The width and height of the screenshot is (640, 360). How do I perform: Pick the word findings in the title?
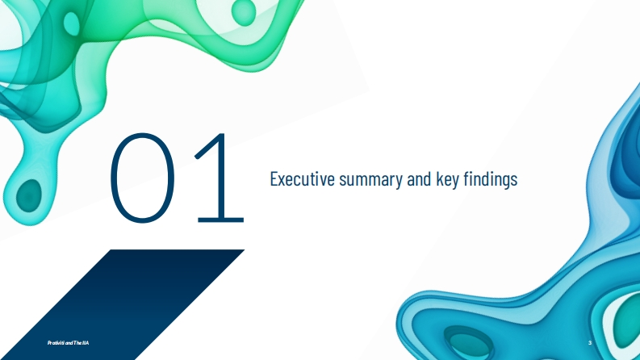(x=491, y=179)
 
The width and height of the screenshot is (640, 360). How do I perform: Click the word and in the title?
(x=419, y=178)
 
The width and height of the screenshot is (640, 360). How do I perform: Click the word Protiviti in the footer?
(x=56, y=343)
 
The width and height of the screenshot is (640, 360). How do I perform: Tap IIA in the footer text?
(x=86, y=343)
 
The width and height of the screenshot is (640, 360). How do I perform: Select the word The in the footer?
(x=77, y=343)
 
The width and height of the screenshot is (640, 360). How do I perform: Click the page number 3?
(x=590, y=343)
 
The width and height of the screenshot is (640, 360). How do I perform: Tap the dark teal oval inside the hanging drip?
(x=29, y=195)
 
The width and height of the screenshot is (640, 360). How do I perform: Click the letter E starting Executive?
(x=274, y=178)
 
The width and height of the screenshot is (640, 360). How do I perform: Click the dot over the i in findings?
(x=474, y=172)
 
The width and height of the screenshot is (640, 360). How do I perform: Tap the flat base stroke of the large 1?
(x=221, y=220)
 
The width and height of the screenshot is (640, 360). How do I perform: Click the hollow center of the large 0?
(x=143, y=178)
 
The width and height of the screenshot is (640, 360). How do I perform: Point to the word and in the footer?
(x=69, y=343)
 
